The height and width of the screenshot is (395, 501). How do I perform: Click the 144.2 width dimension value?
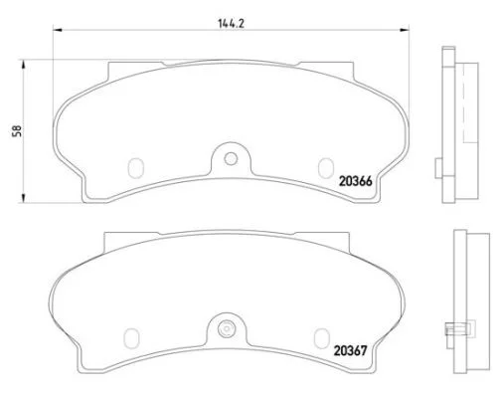[232, 24]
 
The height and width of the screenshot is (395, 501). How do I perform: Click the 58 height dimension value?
[17, 130]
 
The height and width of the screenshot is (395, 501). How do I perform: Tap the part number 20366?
[356, 181]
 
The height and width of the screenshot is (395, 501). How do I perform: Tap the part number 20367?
[351, 350]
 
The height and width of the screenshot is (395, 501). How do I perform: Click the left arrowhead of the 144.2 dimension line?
[58, 30]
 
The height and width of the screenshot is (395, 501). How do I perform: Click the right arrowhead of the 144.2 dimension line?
[405, 30]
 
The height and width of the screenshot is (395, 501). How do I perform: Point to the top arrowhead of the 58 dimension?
[23, 65]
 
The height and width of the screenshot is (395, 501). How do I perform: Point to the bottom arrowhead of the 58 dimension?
[23, 198]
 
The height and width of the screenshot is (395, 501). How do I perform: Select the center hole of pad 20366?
[231, 158]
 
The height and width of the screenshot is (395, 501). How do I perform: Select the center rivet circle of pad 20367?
[226, 329]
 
